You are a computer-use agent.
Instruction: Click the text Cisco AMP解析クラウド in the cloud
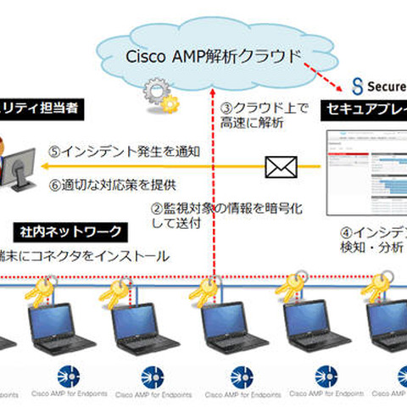(x=213, y=57)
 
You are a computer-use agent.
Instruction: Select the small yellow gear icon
(x=171, y=104)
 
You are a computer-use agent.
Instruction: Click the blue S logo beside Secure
(x=357, y=86)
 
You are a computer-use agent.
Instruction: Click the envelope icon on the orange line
(x=280, y=167)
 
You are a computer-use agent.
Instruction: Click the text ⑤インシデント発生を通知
(x=125, y=153)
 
